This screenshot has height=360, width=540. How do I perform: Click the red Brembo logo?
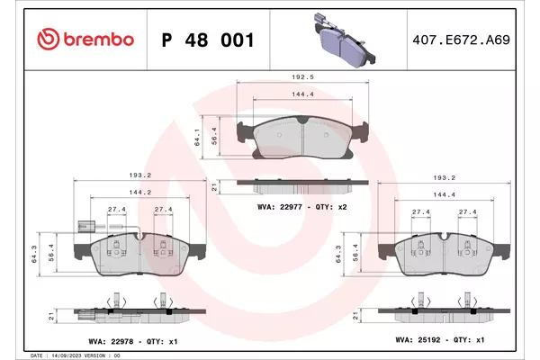coord(85,40)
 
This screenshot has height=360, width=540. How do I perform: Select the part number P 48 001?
coord(208,40)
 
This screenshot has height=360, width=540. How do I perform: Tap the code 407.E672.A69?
coord(461,40)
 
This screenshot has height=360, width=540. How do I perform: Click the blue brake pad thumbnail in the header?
coord(345,40)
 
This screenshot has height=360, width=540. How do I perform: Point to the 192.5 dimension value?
coord(302,77)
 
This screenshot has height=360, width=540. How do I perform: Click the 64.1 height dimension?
coord(197,137)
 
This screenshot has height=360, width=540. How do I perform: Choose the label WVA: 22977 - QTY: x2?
coord(302,207)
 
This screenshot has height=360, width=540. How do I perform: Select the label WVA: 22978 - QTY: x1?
coord(133,341)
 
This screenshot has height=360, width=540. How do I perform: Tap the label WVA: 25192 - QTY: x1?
coord(440,339)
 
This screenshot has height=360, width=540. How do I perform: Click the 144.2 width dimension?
coord(140,193)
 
